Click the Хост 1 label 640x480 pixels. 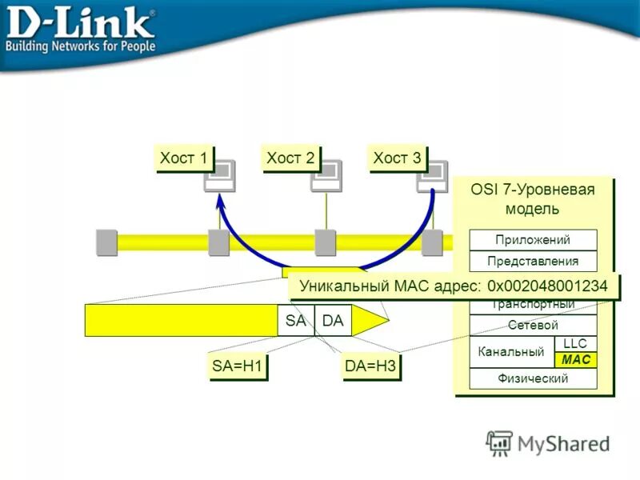click(183, 158)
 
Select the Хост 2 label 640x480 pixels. click(290, 158)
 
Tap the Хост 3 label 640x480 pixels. click(397, 158)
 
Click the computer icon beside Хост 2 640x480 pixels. click(326, 175)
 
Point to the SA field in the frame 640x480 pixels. click(295, 320)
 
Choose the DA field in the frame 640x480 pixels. click(333, 320)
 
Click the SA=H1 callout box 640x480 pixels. click(237, 366)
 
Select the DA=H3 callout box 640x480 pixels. click(370, 366)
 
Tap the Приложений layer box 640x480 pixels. click(533, 240)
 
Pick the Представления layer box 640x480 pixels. click(533, 261)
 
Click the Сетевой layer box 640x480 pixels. click(533, 326)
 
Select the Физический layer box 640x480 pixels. click(533, 378)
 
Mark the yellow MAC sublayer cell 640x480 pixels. click(575, 360)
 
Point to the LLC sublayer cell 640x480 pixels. click(575, 344)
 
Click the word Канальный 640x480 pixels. click(511, 352)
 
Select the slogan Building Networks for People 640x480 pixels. click(80, 46)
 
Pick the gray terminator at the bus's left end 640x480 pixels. click(106, 242)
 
